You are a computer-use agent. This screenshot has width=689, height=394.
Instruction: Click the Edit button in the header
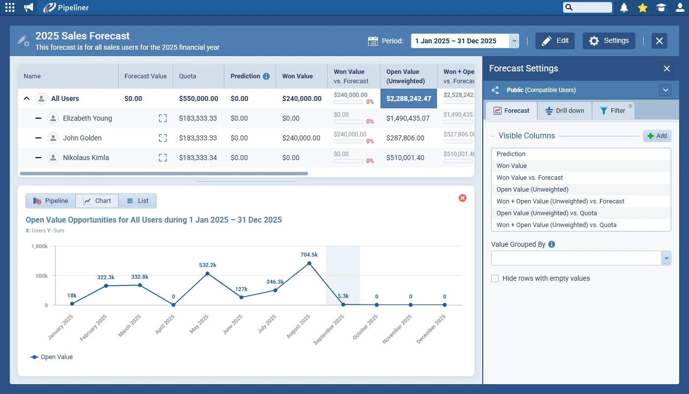click(555, 40)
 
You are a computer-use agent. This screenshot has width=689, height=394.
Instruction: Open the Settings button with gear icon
click(609, 40)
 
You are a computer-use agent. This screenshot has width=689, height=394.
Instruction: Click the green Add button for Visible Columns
click(657, 136)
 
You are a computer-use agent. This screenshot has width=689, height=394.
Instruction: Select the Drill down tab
click(564, 110)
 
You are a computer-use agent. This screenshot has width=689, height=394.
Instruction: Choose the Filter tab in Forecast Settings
click(613, 110)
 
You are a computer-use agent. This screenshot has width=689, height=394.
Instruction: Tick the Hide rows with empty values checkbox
click(495, 279)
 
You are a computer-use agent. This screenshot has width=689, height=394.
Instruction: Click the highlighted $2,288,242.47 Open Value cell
click(408, 98)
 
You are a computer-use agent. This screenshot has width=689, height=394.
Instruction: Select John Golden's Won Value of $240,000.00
click(301, 138)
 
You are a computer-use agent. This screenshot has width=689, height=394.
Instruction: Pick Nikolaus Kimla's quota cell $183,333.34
click(198, 158)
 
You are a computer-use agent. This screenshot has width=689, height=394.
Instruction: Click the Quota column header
click(188, 76)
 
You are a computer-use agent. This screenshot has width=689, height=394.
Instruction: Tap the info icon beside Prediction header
click(266, 76)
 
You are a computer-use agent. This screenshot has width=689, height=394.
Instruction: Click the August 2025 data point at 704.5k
click(309, 263)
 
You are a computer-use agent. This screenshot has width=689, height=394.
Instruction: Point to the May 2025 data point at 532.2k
click(207, 273)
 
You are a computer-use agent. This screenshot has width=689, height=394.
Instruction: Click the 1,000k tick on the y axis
click(39, 246)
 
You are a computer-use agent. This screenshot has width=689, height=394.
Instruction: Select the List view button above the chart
click(137, 201)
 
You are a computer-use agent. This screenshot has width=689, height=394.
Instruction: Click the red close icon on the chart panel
click(462, 198)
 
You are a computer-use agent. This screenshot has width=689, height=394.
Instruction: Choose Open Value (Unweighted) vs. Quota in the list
click(547, 213)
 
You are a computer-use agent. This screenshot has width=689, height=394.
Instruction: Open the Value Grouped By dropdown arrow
click(666, 258)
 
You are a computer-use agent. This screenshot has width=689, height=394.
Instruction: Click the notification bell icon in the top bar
click(624, 8)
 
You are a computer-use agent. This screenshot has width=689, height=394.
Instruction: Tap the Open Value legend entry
click(52, 357)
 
